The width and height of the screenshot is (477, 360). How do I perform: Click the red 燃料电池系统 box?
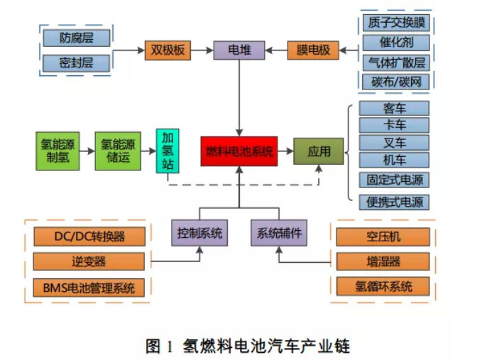click(x=239, y=151)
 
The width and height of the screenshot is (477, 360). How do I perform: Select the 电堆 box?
click(x=238, y=50)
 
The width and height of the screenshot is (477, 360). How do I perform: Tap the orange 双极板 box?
click(x=168, y=50)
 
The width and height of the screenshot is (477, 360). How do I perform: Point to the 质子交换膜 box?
click(x=395, y=23)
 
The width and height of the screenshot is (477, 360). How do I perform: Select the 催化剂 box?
click(x=395, y=43)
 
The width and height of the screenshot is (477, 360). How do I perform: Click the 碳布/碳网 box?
click(x=395, y=82)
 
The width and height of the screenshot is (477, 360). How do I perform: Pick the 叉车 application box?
click(x=395, y=142)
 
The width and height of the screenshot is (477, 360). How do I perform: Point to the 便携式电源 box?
click(x=395, y=202)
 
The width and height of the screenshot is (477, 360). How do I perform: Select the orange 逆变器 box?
click(x=89, y=262)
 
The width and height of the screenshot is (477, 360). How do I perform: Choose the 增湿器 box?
click(x=383, y=262)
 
